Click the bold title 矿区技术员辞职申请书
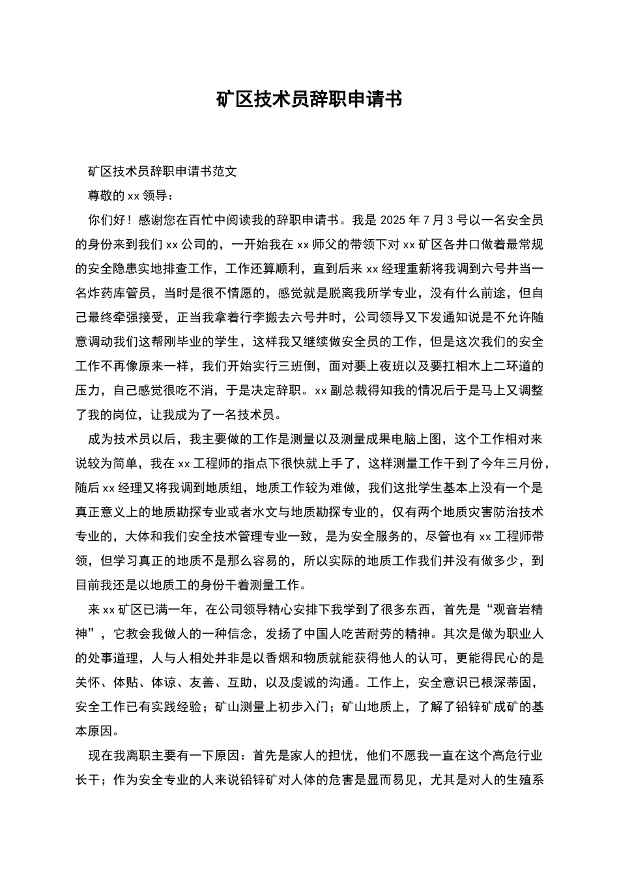(309, 99)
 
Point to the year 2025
(393, 220)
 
